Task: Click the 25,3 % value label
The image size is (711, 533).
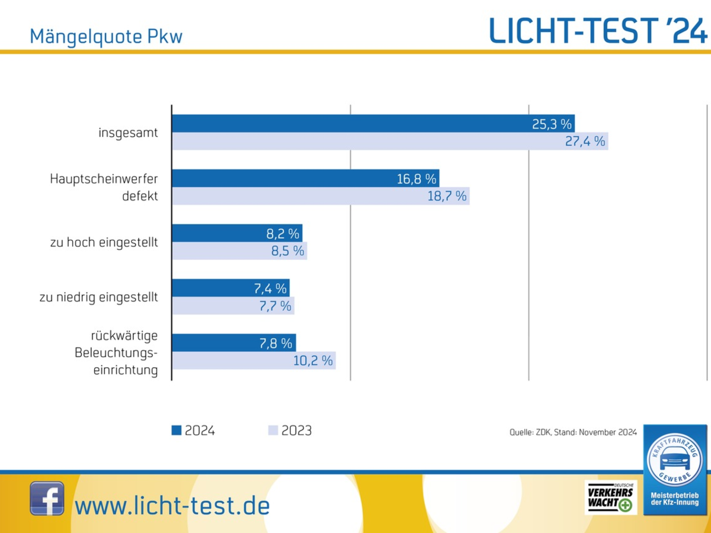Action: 552,124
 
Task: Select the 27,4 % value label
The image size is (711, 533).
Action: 585,142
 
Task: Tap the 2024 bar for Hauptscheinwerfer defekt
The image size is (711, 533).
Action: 305,179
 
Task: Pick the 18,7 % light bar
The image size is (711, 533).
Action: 321,196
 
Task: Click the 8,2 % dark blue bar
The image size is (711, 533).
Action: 237,233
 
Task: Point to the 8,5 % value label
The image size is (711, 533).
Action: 288,251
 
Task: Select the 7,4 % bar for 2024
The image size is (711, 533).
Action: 230,288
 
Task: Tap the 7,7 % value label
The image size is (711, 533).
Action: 275,306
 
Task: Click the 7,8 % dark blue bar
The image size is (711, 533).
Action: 233,343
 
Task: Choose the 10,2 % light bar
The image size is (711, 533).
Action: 254,361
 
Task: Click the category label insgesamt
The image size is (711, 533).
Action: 128,133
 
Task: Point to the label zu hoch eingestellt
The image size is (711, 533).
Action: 104,243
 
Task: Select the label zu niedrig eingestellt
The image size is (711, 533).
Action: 99,297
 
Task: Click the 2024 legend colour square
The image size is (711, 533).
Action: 177,431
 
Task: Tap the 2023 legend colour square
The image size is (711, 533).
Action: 273,431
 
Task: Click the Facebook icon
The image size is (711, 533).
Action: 47,498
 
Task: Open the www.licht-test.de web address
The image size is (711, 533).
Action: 172,506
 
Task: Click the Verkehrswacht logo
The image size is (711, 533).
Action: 610,497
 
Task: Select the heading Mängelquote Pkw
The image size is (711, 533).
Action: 106,37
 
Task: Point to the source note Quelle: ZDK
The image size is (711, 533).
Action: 573,432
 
